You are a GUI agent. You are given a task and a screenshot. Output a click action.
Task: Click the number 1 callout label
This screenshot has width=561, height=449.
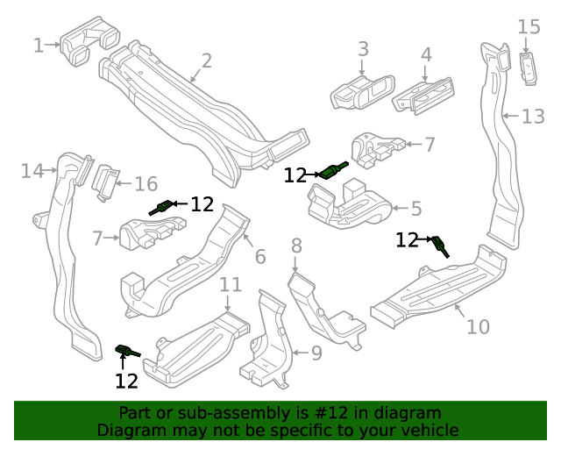tap(38, 45)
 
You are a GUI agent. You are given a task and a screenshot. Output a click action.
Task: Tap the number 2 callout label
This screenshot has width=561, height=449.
tap(207, 61)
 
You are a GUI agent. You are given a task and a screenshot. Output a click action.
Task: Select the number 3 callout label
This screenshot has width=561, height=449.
tap(363, 49)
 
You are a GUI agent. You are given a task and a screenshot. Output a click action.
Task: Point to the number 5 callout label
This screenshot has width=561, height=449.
tap(416, 209)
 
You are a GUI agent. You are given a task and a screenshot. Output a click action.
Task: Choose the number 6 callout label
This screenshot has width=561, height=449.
tap(259, 256)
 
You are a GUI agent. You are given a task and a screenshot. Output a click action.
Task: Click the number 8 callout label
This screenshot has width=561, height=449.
tap(296, 246)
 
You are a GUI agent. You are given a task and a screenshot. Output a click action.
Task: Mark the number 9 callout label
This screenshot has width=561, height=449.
tap(316, 353)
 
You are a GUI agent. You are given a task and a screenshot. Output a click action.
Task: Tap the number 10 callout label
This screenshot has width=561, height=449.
tap(478, 327)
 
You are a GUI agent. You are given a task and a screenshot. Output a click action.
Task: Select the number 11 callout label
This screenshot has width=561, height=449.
tap(230, 284)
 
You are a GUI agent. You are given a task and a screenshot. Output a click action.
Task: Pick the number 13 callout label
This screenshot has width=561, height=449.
tap(533, 117)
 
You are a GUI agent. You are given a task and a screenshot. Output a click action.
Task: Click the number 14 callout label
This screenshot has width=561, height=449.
tap(32, 171)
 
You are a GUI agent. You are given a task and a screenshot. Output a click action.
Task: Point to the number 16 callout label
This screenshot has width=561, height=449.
tap(146, 184)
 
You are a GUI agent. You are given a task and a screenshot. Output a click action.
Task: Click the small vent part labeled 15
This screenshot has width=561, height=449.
tap(529, 68)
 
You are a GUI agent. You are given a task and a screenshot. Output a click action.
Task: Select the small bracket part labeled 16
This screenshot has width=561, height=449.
tap(104, 182)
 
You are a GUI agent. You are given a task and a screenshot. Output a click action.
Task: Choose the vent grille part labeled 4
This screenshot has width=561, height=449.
tap(424, 90)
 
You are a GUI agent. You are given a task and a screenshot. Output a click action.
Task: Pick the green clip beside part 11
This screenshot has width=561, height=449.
tap(127, 352)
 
